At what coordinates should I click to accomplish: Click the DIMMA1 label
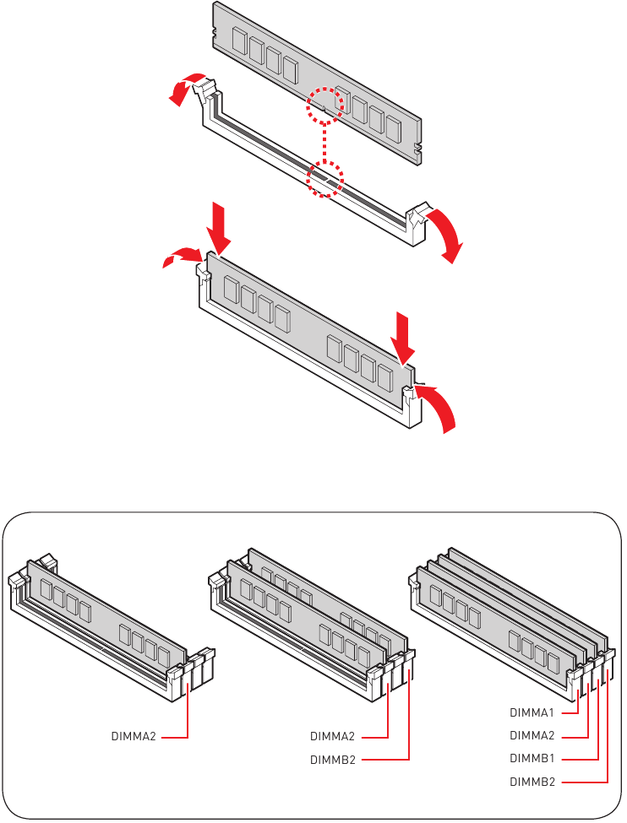(x=532, y=712)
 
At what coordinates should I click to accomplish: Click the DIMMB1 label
(x=532, y=759)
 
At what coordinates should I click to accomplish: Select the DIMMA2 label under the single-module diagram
(x=134, y=736)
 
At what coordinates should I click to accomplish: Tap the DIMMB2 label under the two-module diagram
(x=333, y=760)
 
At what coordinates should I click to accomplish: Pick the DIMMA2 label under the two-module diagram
(x=332, y=736)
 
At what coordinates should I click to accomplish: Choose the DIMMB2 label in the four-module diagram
(x=532, y=782)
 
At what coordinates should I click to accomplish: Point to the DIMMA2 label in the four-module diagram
(x=532, y=735)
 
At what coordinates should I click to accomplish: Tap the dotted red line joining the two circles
(x=325, y=143)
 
